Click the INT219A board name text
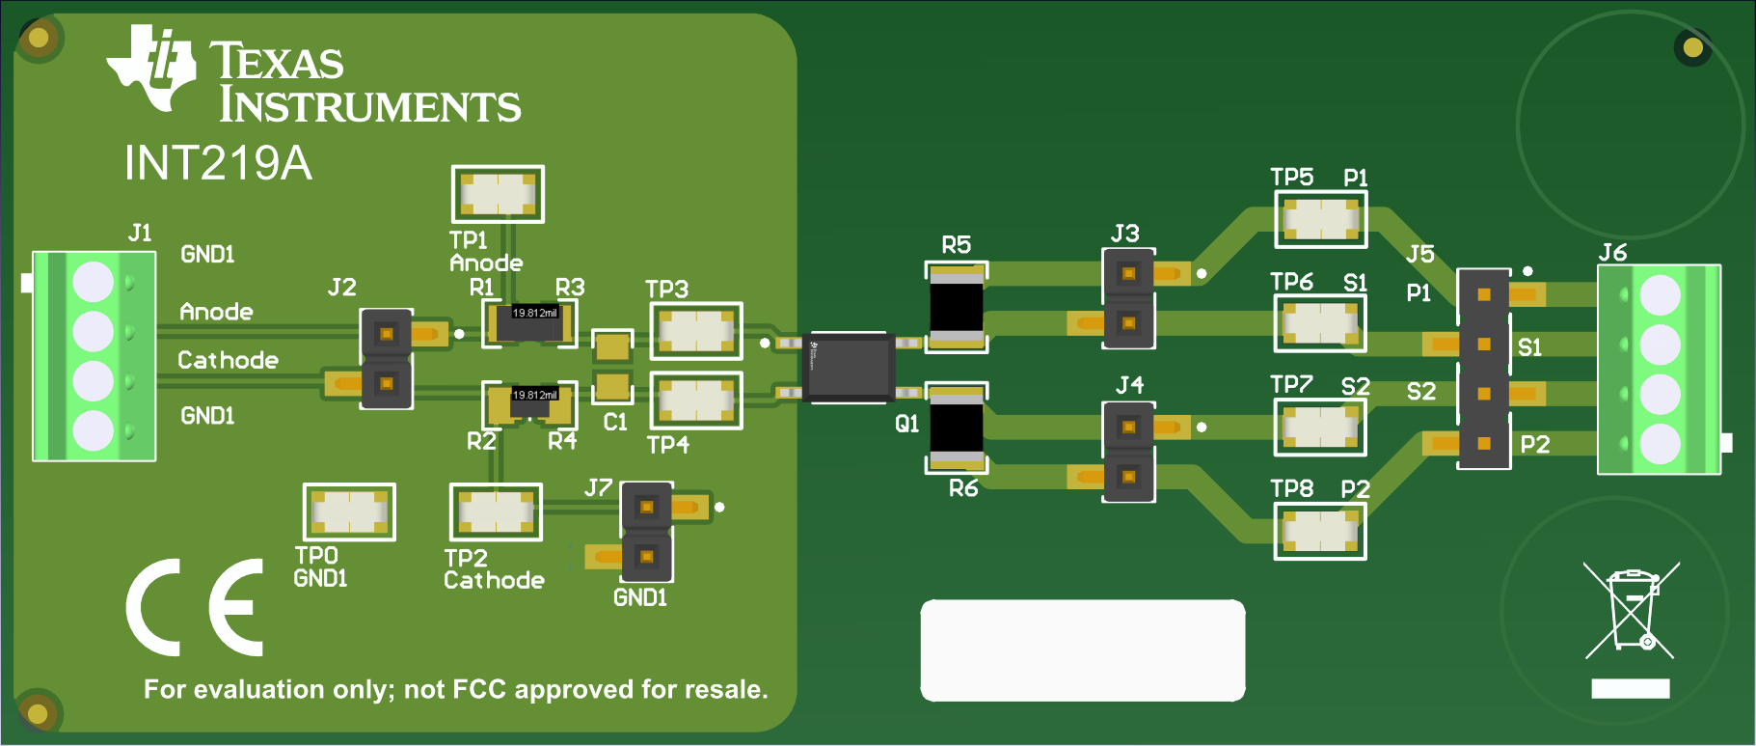click(218, 163)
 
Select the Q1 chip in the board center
click(848, 367)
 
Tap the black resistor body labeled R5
click(956, 306)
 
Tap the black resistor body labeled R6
click(956, 428)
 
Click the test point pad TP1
click(498, 194)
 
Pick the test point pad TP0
click(349, 511)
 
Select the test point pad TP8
click(1320, 531)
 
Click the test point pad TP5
click(1320, 219)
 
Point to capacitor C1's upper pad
click(611, 345)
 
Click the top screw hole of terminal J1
click(94, 283)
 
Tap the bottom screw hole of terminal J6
click(1660, 443)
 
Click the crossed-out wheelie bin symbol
click(1631, 610)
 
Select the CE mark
click(196, 607)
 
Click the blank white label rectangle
click(1082, 649)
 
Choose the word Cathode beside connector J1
click(228, 360)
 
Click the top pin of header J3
click(1127, 274)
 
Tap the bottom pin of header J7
click(646, 557)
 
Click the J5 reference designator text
click(1419, 254)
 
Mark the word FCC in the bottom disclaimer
click(479, 689)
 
